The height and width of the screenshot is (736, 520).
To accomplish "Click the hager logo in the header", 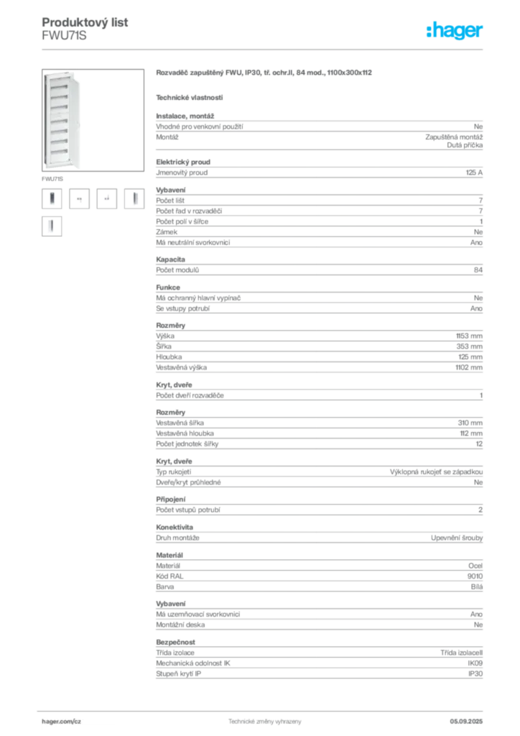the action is [454, 31].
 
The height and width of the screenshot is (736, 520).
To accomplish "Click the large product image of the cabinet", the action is [93, 120].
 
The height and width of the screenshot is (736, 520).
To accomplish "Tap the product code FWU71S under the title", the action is [64, 36].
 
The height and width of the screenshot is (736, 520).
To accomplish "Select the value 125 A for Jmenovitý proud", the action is [474, 172].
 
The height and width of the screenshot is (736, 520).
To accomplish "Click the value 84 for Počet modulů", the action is [478, 270].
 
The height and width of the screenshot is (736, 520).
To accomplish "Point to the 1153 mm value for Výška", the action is [469, 336].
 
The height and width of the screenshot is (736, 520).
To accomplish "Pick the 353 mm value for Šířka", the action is [469, 346].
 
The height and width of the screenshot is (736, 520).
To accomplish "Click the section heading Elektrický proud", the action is [183, 162].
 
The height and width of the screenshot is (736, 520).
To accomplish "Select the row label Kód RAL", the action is [170, 576].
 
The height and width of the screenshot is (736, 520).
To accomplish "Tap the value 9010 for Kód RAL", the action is [475, 576].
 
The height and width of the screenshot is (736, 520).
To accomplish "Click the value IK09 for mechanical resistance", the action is [475, 663].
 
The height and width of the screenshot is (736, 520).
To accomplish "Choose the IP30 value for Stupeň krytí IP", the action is [475, 673].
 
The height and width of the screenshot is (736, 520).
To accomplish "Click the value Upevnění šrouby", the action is [457, 538].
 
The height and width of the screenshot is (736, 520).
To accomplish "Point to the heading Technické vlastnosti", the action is [190, 98].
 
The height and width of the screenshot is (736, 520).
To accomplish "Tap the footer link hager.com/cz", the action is [62, 722].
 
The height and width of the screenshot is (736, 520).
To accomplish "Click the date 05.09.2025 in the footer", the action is [466, 722].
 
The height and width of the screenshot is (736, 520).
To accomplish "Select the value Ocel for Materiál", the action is [475, 566].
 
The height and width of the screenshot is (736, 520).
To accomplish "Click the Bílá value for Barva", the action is [477, 586].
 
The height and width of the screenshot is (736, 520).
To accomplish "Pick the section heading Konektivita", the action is [175, 527].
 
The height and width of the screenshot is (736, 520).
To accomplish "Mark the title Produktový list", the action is [85, 22].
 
